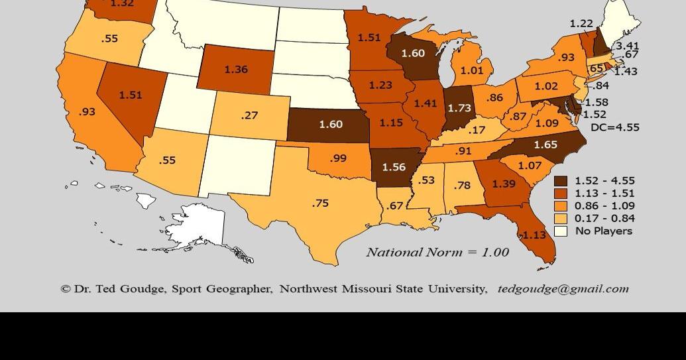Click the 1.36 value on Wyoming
(x=236, y=70)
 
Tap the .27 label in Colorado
(x=249, y=115)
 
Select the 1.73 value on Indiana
(x=459, y=107)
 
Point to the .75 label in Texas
(x=320, y=204)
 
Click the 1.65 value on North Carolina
(x=545, y=145)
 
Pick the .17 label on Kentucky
(x=477, y=131)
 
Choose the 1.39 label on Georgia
(x=504, y=184)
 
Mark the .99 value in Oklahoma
(x=338, y=158)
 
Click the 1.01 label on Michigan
(x=472, y=70)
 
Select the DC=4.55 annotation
(x=614, y=127)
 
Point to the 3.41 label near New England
(x=627, y=46)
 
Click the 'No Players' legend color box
(x=561, y=231)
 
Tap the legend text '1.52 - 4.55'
(x=604, y=180)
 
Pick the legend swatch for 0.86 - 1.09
(x=561, y=206)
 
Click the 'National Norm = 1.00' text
(x=437, y=252)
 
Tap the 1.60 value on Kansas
(x=331, y=124)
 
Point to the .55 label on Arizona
(x=167, y=160)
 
